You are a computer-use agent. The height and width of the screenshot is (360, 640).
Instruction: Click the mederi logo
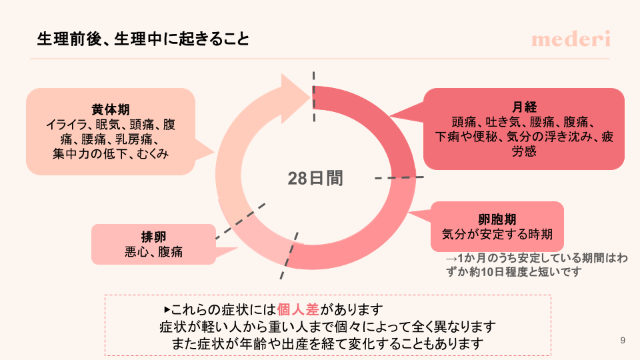[571, 39]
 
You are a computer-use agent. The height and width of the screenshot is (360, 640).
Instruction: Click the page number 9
[622, 341]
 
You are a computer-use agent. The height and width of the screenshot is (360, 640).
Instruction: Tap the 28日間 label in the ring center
[315, 178]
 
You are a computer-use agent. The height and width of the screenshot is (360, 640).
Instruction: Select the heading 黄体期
[111, 109]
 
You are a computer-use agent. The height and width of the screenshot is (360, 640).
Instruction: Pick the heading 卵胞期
[497, 219]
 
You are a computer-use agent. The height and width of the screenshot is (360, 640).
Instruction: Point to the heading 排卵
[153, 237]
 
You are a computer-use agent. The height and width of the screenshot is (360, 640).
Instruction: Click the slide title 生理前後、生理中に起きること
[143, 39]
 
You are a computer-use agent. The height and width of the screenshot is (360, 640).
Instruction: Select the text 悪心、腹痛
[153, 252]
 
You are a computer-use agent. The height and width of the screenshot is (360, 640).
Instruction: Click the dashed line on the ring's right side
[398, 177]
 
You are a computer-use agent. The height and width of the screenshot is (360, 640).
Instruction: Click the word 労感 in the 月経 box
[524, 152]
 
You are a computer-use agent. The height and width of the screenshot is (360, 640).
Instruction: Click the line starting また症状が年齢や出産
[327, 344]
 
